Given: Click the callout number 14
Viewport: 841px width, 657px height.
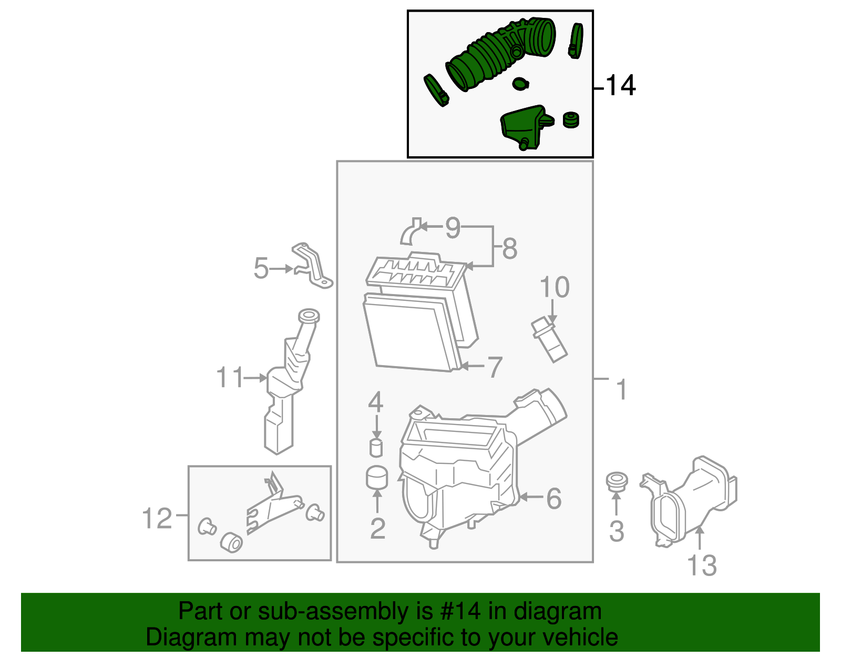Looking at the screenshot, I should click(x=621, y=85).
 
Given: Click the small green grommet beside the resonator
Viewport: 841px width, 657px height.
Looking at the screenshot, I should click(x=570, y=120).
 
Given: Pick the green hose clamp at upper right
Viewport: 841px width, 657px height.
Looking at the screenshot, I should click(x=576, y=40).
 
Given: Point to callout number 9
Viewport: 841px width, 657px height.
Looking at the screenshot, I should click(x=453, y=228).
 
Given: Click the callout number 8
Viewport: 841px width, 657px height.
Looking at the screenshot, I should click(x=509, y=248).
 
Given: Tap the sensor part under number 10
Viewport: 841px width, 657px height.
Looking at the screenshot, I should click(x=549, y=340).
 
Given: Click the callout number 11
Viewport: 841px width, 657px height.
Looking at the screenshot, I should click(x=230, y=378).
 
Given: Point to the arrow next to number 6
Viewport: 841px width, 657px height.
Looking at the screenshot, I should click(x=531, y=497).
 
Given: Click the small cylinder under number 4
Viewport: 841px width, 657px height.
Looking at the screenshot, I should click(x=376, y=448).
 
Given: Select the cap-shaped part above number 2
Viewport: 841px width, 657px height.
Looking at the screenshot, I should click(x=376, y=477).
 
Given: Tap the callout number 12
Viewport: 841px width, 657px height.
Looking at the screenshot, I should click(x=157, y=519).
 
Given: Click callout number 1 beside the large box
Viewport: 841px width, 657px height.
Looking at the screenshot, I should click(x=622, y=390).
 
